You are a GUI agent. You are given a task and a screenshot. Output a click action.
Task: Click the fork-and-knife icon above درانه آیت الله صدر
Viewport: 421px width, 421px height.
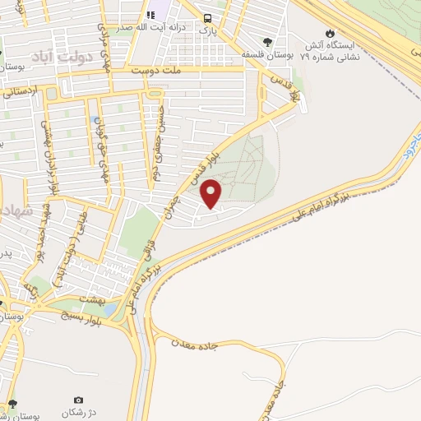151,15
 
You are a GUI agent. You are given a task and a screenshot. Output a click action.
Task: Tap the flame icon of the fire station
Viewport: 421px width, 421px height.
330,33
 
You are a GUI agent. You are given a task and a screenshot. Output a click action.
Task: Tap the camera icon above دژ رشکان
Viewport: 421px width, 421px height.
78,400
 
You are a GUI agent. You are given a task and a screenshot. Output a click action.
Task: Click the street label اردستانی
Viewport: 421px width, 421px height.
19,92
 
